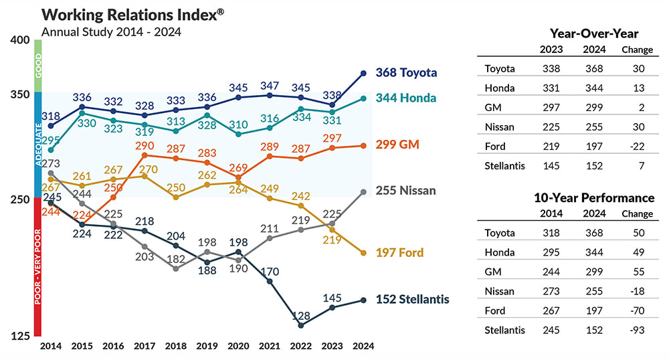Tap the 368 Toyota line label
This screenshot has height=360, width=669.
point(406,72)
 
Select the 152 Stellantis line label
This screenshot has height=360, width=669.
point(412,299)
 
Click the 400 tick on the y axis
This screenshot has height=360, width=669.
point(21,40)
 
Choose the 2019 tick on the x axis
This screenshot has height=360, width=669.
point(207,346)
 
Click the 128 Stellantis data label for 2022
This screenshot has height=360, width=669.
point(301,314)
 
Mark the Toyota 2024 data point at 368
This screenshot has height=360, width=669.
point(363,73)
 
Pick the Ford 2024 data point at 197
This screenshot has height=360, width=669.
point(363,253)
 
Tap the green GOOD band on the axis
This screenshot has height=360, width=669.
point(38,66)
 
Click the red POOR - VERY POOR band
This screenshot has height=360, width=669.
point(38,266)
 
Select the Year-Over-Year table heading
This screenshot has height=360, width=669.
point(594,33)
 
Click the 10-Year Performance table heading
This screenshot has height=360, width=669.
point(594,198)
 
